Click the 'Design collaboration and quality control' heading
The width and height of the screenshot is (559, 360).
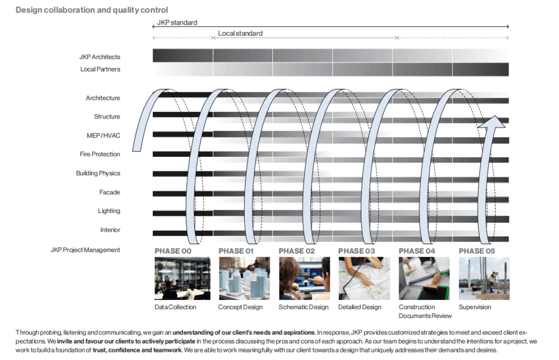[x=92, y=10]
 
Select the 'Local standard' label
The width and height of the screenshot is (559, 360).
[x=240, y=33]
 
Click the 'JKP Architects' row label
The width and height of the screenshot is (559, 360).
[x=99, y=57]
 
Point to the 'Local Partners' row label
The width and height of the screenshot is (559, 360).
[x=100, y=69]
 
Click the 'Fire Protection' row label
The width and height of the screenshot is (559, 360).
[x=100, y=155]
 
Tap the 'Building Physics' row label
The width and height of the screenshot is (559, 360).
[x=98, y=173]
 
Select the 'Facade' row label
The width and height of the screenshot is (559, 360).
[x=110, y=192]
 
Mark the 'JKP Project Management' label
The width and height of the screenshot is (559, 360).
[x=85, y=250]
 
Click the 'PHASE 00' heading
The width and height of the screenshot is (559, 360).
[x=173, y=251]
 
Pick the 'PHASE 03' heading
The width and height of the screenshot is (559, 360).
[x=356, y=251]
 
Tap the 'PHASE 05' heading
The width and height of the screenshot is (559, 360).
[x=477, y=251]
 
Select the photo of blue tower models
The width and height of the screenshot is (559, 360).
[x=244, y=278]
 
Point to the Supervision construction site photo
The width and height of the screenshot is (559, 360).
[x=484, y=278]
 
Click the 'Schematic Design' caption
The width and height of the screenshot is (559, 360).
[x=304, y=307]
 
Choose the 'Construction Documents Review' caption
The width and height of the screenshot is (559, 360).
[x=425, y=311]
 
